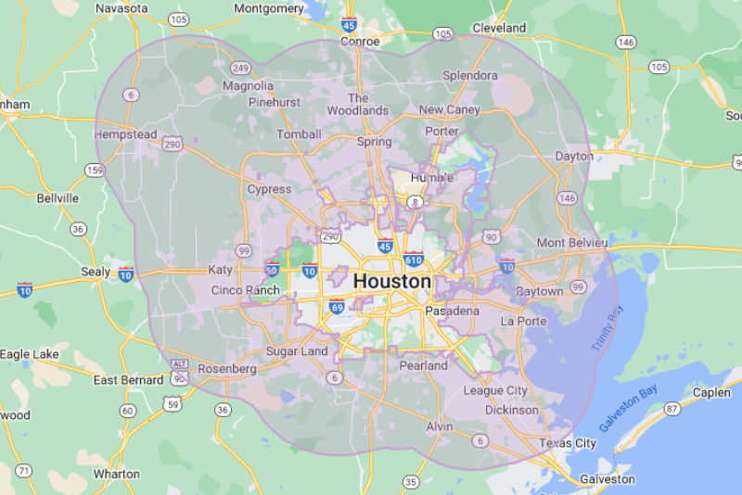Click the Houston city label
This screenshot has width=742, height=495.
tap(392, 281)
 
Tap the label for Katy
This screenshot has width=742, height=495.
tap(221, 270)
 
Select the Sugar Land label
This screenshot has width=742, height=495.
tap(297, 351)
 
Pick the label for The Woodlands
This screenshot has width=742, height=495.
tap(358, 104)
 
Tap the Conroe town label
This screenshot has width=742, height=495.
tap(360, 41)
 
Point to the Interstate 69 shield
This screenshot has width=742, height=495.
tap(337, 307)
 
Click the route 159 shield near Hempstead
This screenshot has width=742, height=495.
tap(95, 170)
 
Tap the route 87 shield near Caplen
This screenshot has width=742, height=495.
tap(672, 409)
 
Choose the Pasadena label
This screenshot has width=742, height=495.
tap(452, 311)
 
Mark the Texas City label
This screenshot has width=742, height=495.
tap(568, 443)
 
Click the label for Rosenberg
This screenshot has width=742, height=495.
tap(226, 368)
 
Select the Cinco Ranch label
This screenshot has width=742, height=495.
tap(245, 290)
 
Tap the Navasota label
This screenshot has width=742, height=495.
tap(122, 8)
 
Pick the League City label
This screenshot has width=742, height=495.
tap(495, 391)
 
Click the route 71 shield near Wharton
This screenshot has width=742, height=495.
tap(24, 471)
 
